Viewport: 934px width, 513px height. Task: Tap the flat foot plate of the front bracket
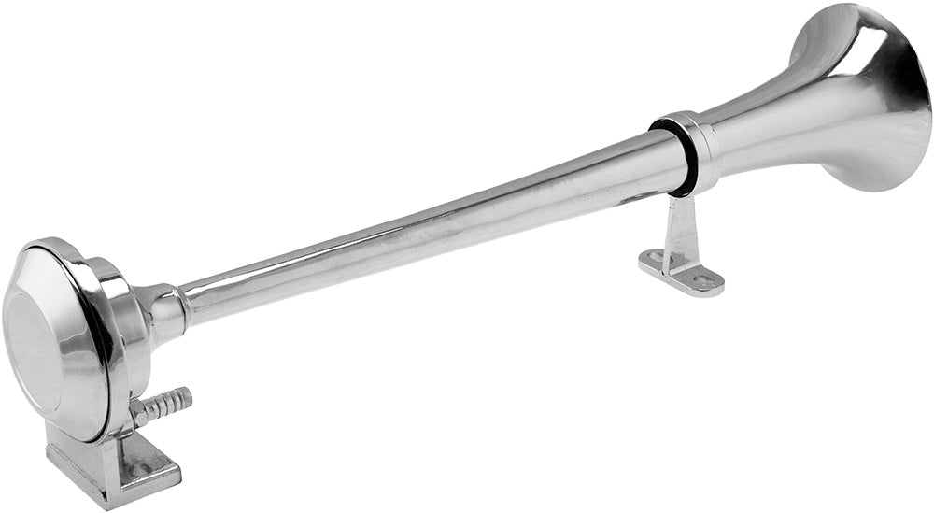pos(682,270)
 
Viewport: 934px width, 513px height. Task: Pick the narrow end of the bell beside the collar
pos(738,131)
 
